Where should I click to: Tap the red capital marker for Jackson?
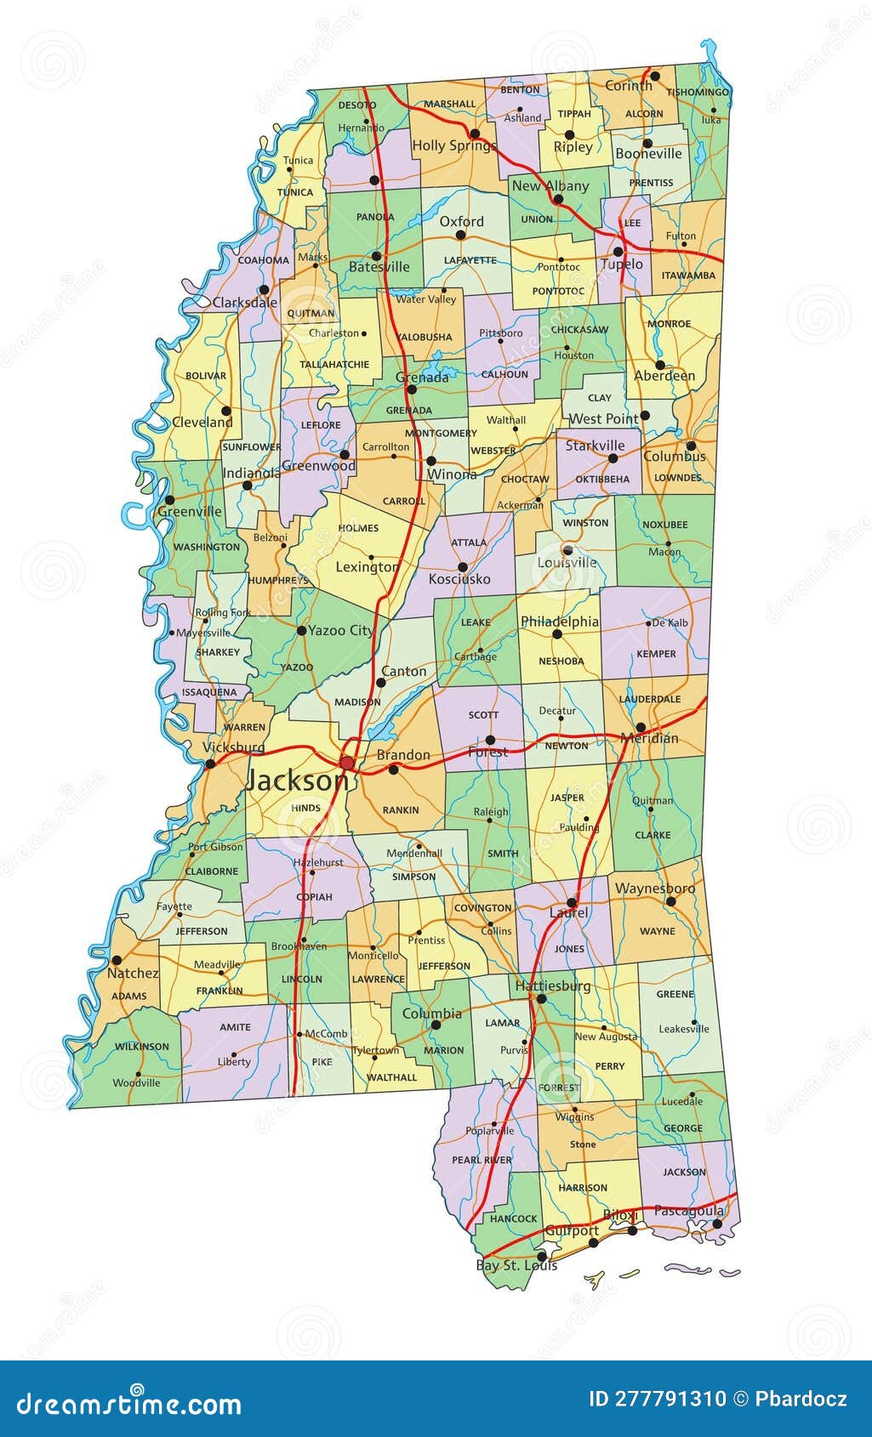click(347, 762)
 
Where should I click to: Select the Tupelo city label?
click(622, 264)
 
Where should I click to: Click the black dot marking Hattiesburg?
click(541, 999)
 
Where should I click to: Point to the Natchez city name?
click(133, 973)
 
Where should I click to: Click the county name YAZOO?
click(297, 667)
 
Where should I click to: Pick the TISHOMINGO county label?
click(698, 92)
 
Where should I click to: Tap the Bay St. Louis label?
click(516, 1265)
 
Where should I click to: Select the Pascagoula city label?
click(689, 1210)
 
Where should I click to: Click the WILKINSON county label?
click(142, 1047)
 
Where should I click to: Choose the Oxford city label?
click(461, 221)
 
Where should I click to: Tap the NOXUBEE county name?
click(664, 525)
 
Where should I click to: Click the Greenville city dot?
click(169, 500)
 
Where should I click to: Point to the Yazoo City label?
click(340, 630)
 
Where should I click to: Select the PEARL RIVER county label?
click(482, 1160)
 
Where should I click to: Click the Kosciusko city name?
click(459, 579)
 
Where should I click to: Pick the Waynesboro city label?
click(654, 889)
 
